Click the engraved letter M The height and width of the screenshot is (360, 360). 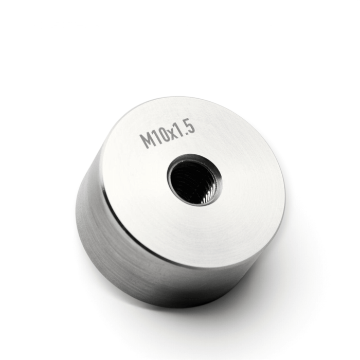click(147, 140)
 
